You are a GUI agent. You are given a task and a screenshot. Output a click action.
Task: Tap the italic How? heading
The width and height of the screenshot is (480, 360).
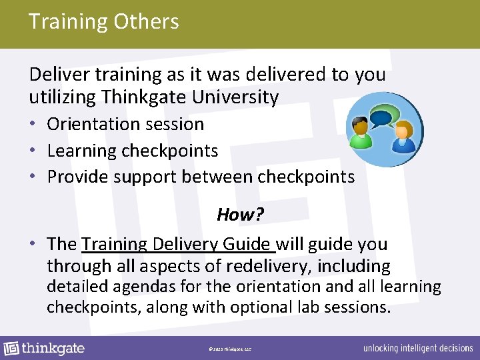[237, 215]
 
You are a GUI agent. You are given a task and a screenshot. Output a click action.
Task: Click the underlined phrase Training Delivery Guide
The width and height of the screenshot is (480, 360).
[177, 244]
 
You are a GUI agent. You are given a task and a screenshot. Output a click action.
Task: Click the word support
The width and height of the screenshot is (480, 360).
[142, 177]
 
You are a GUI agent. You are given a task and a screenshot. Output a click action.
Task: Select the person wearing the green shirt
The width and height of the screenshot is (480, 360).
[361, 134]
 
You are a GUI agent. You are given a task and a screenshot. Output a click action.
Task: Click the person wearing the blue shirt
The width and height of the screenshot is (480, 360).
[402, 139]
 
